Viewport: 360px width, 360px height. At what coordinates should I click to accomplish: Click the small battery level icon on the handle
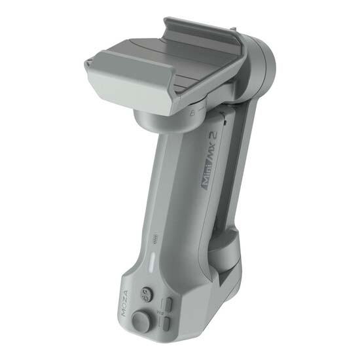click(x=154, y=238)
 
